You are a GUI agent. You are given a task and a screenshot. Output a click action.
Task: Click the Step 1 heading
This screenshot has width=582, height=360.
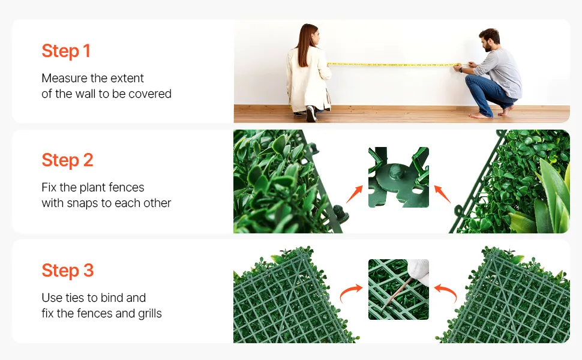66,51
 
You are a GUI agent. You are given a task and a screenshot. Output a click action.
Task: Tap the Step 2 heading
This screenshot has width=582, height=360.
67,160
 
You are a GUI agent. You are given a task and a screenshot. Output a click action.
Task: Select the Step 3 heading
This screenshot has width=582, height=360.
68,270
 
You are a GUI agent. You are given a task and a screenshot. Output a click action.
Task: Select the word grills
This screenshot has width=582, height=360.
150,314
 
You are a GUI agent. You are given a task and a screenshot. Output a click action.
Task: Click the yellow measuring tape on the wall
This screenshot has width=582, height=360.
394,65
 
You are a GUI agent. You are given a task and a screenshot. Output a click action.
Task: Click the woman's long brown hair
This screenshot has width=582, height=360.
305,44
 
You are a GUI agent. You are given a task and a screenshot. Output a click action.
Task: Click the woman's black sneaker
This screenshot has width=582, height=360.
311,113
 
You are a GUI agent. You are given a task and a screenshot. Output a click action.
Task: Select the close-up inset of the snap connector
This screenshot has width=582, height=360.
398,178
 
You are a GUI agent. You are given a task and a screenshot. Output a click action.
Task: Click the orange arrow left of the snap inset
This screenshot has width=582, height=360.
355,194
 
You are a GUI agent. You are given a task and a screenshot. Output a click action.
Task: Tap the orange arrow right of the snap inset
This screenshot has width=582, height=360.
442,194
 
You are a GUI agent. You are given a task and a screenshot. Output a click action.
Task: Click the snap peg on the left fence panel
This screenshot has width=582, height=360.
341,214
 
